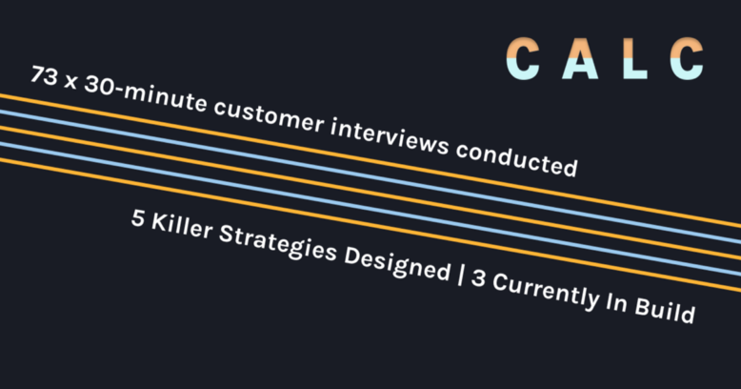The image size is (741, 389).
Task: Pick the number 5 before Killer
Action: pos(137,218)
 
